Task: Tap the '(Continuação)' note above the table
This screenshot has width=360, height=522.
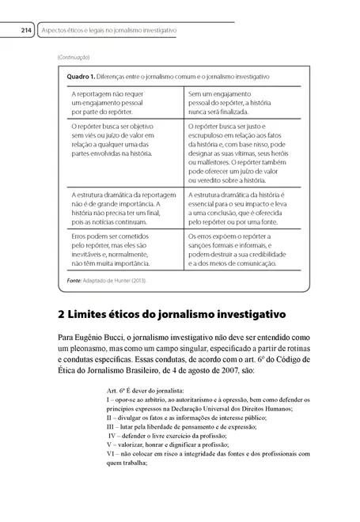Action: (74, 58)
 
